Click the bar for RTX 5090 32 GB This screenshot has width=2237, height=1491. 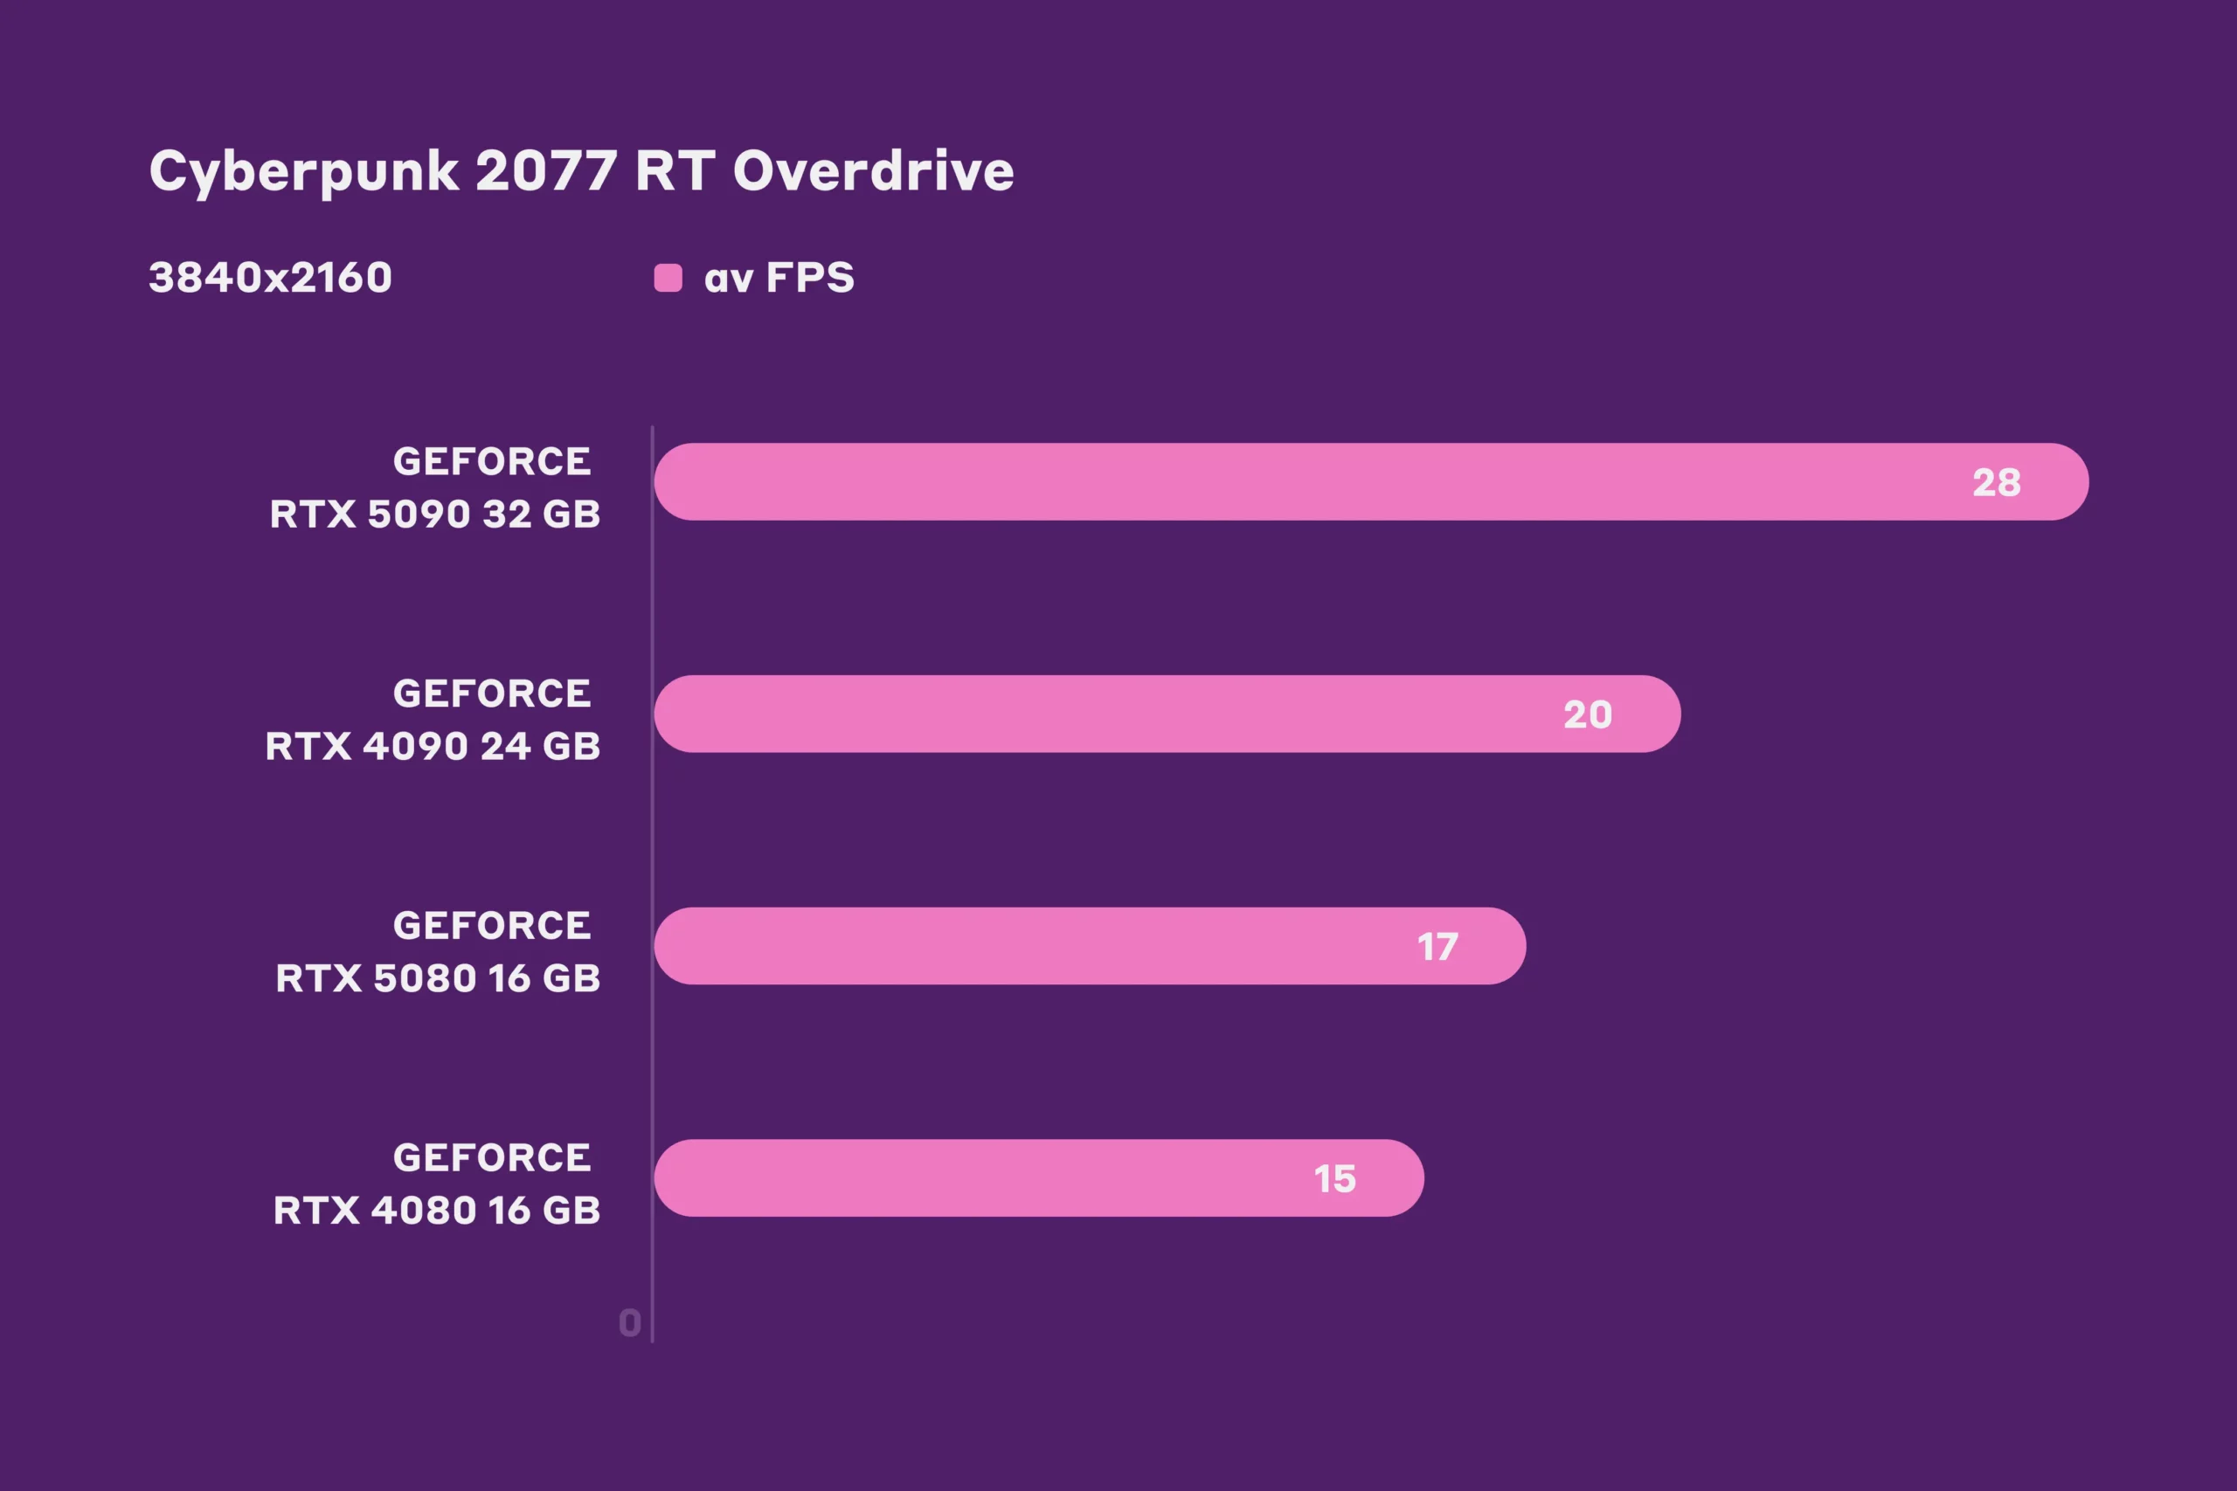[1332, 482]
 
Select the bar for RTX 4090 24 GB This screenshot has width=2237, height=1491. [1141, 714]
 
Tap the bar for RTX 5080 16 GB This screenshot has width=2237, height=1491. [1046, 946]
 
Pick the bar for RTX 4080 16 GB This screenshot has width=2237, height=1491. [999, 1178]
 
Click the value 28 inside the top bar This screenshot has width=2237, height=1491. [1997, 483]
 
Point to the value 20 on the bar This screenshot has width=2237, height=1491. [1588, 715]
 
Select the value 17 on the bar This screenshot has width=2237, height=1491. [1437, 947]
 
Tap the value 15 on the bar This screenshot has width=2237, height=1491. [1334, 1179]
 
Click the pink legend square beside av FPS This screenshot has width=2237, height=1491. [668, 278]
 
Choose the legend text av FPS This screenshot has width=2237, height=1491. [779, 278]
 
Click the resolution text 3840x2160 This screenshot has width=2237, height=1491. [270, 278]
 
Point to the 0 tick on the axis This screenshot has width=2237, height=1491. [630, 1322]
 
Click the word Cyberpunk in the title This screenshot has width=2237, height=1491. [304, 172]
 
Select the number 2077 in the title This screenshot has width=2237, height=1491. [546, 171]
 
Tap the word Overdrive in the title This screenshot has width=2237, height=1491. [873, 171]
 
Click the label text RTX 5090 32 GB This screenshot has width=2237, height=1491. [434, 514]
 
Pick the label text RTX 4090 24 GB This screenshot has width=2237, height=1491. [433, 747]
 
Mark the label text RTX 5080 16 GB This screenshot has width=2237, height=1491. [438, 978]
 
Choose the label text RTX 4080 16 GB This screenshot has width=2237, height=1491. [437, 1211]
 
